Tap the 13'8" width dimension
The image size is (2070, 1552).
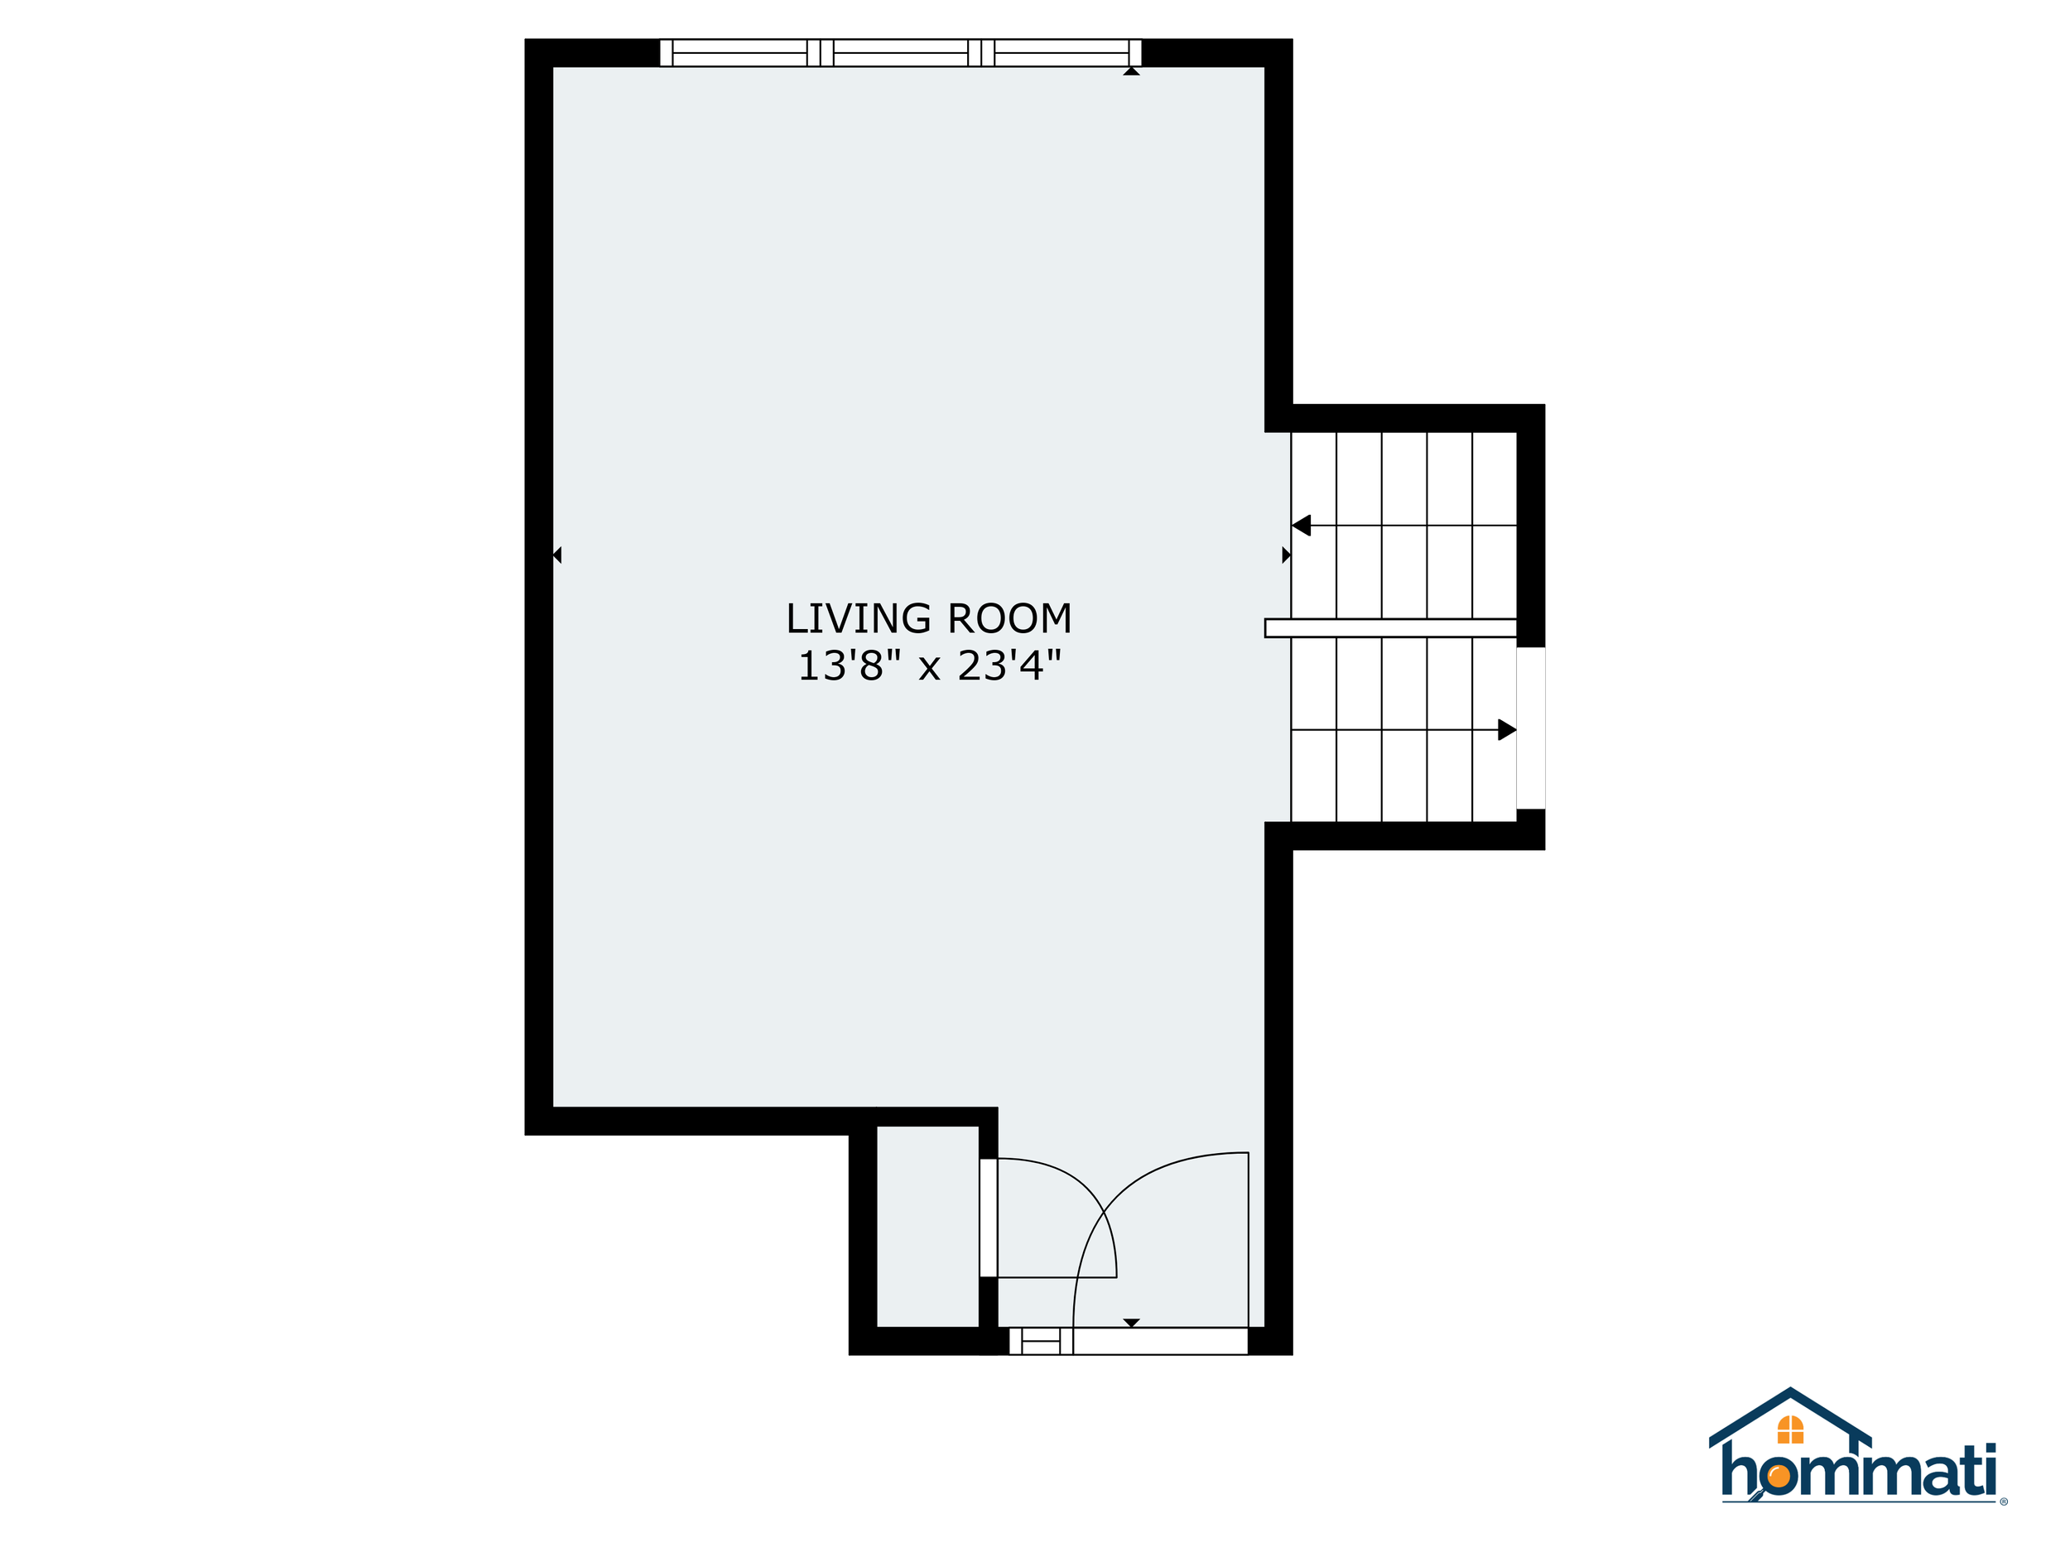[849, 665]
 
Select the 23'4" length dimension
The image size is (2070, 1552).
[1009, 665]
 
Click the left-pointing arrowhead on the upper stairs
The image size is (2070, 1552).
[1301, 526]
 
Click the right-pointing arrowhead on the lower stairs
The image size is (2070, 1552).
[1507, 730]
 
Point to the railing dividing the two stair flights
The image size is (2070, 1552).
[1390, 627]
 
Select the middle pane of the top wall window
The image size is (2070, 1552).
[900, 52]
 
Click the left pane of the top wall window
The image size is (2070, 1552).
[739, 52]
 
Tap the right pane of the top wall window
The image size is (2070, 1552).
[1061, 52]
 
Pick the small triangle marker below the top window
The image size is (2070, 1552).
[1131, 71]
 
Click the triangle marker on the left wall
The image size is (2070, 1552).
[556, 555]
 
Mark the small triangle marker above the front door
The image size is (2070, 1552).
[1131, 1323]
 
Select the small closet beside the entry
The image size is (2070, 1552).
[927, 1227]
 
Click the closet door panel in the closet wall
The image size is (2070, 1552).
[988, 1217]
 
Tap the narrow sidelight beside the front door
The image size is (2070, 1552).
[1041, 1342]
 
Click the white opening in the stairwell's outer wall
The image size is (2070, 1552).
[1531, 728]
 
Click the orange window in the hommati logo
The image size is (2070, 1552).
[1790, 1429]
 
